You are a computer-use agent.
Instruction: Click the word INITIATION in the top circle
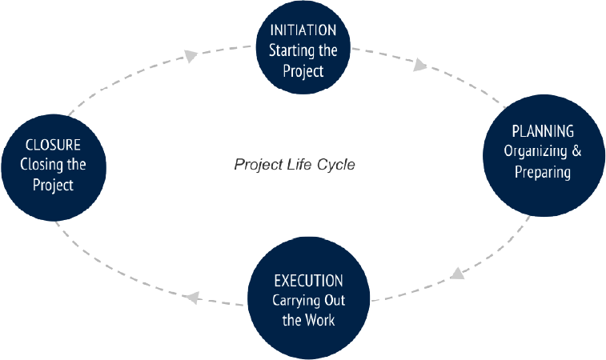303,30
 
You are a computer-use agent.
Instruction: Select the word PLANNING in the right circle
543,131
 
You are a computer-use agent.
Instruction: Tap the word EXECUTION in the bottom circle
308,281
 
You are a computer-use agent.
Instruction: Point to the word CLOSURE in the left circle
54,145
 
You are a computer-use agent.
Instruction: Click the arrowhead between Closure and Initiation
191,55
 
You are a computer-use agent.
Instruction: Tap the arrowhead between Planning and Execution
457,274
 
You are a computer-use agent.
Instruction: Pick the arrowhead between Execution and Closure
190,298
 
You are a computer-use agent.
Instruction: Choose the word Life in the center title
300,165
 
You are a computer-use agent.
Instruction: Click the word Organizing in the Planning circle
531,151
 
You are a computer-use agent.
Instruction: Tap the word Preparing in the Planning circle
543,171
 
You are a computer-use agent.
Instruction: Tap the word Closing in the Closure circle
41,166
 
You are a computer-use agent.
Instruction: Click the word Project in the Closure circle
54,186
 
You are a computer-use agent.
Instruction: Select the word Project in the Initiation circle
303,70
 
